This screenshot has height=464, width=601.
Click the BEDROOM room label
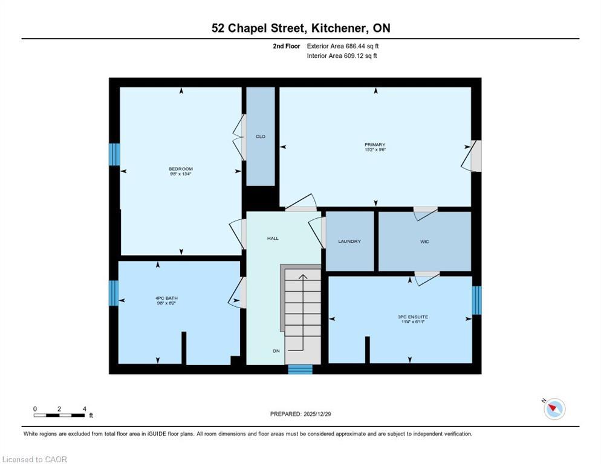point(180,169)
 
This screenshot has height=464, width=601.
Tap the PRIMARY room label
point(374,144)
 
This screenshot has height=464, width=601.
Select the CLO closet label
point(260,137)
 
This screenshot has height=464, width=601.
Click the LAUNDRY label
point(349,241)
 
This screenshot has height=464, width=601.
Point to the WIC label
point(424,241)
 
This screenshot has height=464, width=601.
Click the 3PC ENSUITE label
point(409,317)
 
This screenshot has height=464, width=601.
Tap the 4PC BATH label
point(166,298)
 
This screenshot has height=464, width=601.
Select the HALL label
point(273,239)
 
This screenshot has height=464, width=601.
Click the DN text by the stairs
point(276,350)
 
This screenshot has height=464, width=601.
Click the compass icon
point(554,409)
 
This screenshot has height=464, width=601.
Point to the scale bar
point(59,415)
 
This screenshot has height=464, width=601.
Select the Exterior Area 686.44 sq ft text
point(343,46)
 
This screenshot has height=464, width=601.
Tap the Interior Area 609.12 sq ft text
point(342,56)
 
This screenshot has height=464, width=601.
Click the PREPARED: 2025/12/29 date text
point(300,414)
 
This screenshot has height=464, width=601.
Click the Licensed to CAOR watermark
point(35,459)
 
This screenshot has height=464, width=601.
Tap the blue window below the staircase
point(300,369)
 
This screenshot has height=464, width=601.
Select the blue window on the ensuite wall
point(476,300)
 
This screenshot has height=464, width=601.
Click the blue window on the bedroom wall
point(114,154)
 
